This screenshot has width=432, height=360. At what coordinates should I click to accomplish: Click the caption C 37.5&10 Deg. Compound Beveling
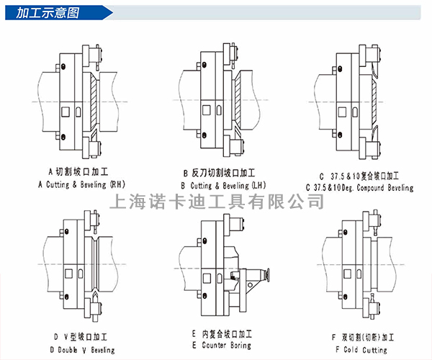359,188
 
